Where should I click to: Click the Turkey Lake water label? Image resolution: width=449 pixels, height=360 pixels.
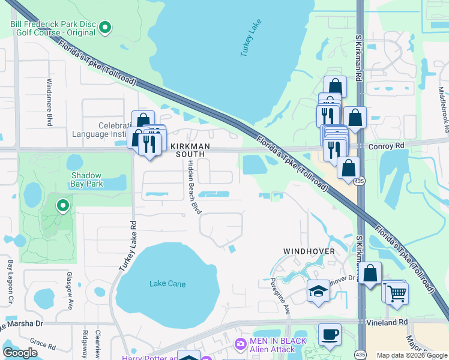(251, 37)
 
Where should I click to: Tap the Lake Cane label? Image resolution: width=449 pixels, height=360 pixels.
(167, 284)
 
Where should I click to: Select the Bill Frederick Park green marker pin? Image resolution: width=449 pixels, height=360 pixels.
(105, 27)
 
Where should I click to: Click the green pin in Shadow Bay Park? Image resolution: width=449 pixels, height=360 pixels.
(62, 206)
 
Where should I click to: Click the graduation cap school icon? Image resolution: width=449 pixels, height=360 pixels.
(318, 291)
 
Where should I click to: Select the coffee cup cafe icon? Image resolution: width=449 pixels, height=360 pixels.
(329, 334)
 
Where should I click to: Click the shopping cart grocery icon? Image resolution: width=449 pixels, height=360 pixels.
(397, 294)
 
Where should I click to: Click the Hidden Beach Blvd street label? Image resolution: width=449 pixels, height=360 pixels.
(193, 187)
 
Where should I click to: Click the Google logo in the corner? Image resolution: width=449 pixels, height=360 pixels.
(20, 353)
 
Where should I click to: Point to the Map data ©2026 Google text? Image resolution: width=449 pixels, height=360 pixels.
(411, 355)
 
